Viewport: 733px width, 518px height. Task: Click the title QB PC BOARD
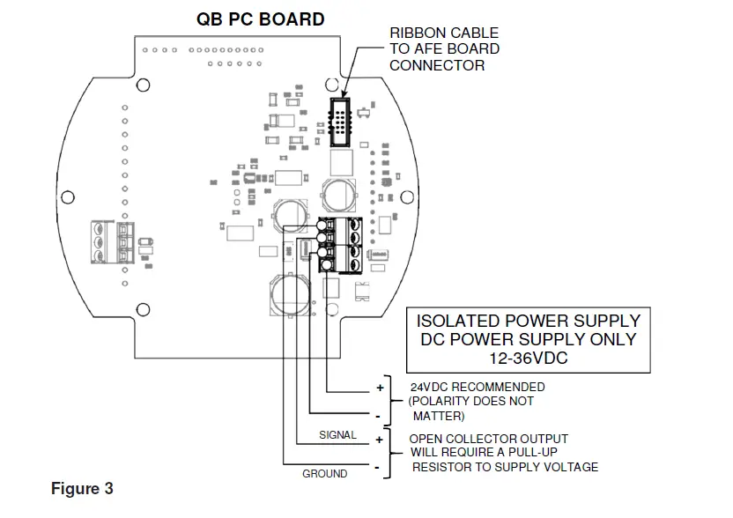click(260, 19)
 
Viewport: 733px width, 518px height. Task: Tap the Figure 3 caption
click(82, 488)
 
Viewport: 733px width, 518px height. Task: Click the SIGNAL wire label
click(337, 435)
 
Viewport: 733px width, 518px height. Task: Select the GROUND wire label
click(325, 473)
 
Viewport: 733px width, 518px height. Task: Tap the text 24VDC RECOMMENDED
click(478, 387)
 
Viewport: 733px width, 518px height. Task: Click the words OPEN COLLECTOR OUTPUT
click(489, 439)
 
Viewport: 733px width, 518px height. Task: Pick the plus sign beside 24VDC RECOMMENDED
click(380, 387)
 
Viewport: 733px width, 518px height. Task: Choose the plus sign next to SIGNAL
click(380, 437)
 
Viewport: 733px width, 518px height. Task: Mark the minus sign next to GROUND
click(380, 467)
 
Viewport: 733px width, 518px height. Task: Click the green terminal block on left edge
click(108, 240)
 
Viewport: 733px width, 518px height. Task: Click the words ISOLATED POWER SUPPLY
click(528, 320)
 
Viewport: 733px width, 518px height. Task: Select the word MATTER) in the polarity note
click(438, 416)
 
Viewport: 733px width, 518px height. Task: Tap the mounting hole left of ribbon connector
click(331, 85)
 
